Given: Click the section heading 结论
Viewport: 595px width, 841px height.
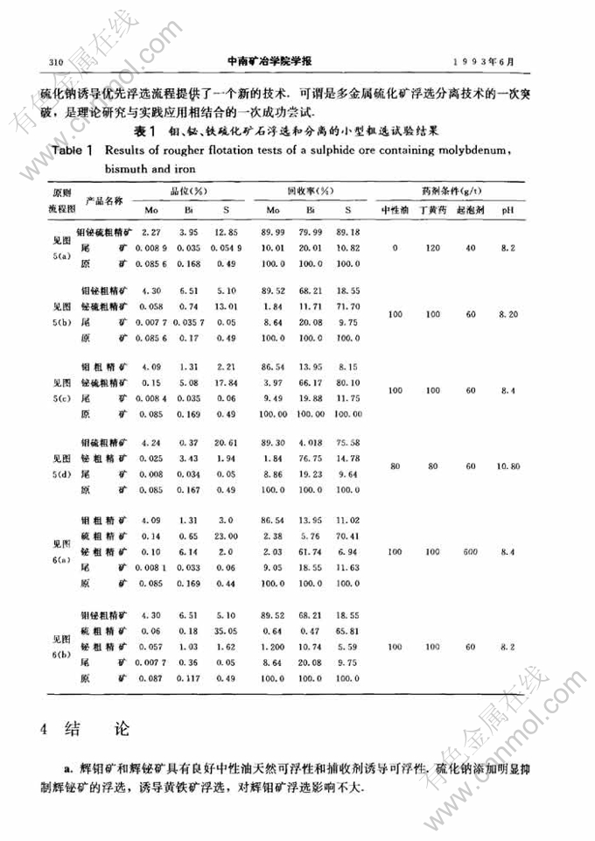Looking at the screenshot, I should [x=83, y=730].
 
